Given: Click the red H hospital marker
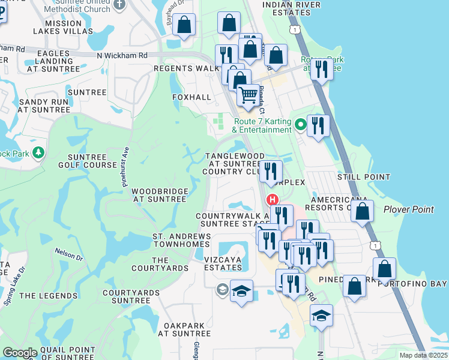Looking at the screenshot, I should tap(273, 200).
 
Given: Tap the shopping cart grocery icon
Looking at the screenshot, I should tap(247, 95).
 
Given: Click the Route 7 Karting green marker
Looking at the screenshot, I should tap(300, 125).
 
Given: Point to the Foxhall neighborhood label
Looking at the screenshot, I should tap(192, 97).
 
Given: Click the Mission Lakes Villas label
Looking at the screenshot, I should tap(62, 27).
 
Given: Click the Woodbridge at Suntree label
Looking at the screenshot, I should tap(160, 195).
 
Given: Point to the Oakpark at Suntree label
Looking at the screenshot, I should tap(187, 329).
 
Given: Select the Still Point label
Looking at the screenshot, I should tap(364, 177).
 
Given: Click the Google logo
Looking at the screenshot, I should tap(20, 353).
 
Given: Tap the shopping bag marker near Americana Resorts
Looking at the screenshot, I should tap(363, 212).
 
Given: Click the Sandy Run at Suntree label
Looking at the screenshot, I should tap(43, 106).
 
